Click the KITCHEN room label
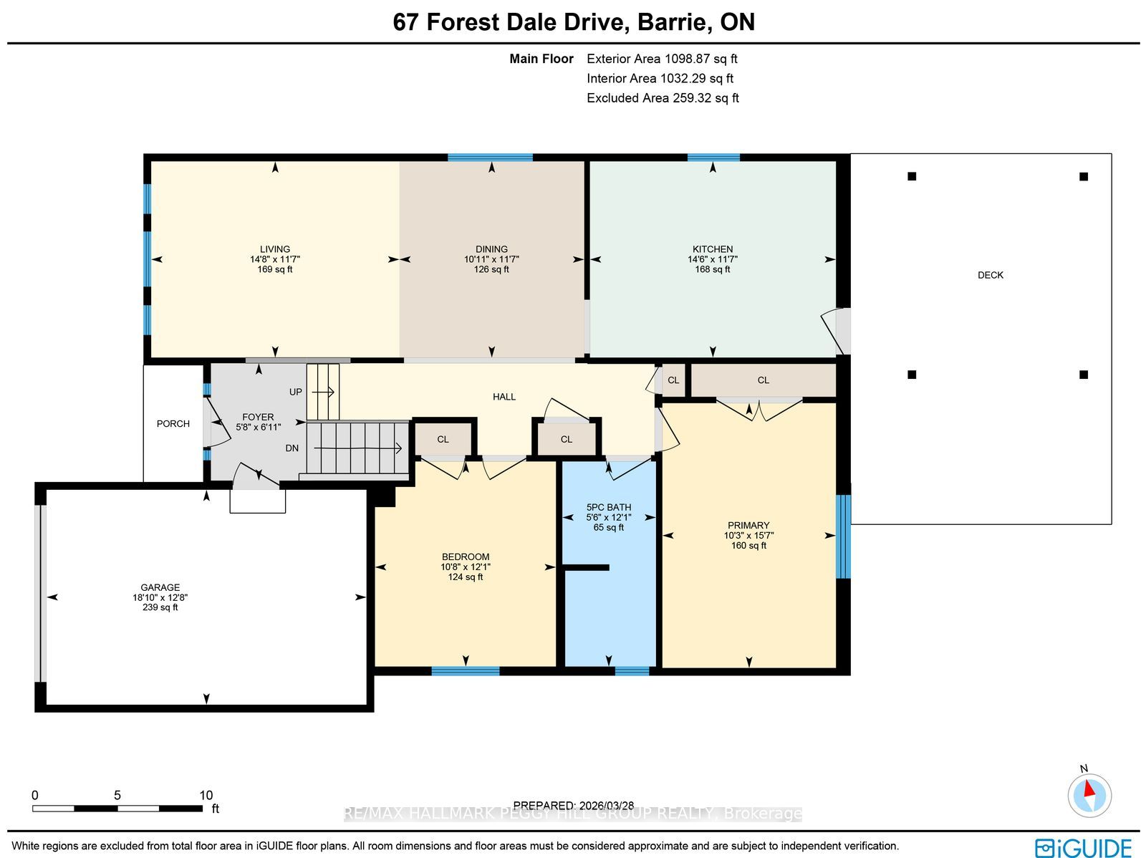pyautogui.click(x=713, y=249)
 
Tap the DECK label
pyautogui.click(x=991, y=275)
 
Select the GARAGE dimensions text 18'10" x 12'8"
pyautogui.click(x=160, y=597)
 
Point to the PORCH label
pyautogui.click(x=173, y=424)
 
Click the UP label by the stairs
pyautogui.click(x=296, y=392)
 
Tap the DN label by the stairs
pyautogui.click(x=292, y=448)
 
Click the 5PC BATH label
pyautogui.click(x=609, y=507)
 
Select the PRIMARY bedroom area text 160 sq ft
pyautogui.click(x=748, y=546)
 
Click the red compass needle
pyautogui.click(x=1089, y=788)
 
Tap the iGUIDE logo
pyautogui.click(x=1084, y=847)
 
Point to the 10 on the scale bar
pyautogui.click(x=206, y=796)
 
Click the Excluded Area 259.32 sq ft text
pyautogui.click(x=663, y=98)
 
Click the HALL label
pyautogui.click(x=504, y=397)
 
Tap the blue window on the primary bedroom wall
pyautogui.click(x=843, y=536)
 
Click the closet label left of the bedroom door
pyautogui.click(x=443, y=440)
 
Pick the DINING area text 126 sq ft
pyautogui.click(x=491, y=270)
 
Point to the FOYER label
pyautogui.click(x=258, y=417)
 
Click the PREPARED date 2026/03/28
pyautogui.click(x=607, y=806)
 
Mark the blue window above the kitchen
pyautogui.click(x=713, y=158)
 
